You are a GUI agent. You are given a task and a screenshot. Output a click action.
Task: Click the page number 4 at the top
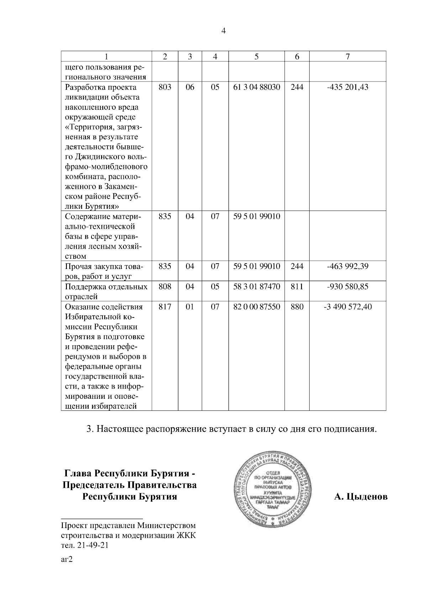tap(223, 31)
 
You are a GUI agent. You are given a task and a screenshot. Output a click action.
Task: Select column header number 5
tap(256, 56)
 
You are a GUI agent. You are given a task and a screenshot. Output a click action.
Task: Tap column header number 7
tap(348, 56)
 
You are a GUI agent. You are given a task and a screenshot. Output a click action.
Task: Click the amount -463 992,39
tap(348, 267)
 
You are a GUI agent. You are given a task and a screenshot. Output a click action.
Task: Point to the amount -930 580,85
tap(348, 287)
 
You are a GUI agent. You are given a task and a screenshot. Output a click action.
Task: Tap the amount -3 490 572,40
tap(348, 307)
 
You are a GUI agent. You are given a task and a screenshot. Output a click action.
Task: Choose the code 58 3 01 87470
tap(256, 287)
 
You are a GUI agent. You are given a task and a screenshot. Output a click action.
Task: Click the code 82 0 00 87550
tap(256, 307)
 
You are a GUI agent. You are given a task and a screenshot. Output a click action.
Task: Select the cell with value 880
tap(297, 307)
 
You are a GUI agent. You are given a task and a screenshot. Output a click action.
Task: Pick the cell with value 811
tap(297, 287)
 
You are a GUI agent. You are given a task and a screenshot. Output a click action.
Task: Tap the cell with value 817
tap(165, 307)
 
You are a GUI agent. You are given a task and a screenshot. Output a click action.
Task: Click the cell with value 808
tap(165, 287)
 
